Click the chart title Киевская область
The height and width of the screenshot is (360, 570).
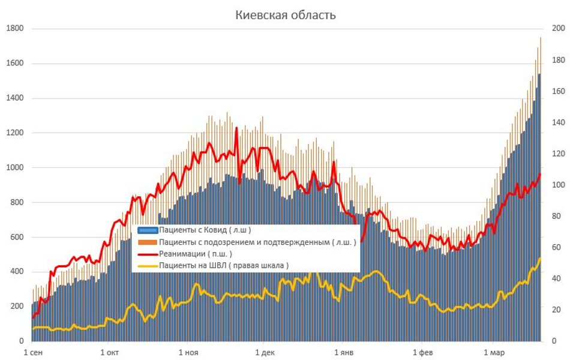pos(285,16)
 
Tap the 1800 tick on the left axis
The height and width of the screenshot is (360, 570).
pos(15,29)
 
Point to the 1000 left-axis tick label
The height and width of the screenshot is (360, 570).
pos(15,167)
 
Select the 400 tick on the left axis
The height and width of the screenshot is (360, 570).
pos(17,272)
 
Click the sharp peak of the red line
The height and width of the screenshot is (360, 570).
pos(236,128)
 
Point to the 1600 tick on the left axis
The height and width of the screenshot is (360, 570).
pos(15,64)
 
